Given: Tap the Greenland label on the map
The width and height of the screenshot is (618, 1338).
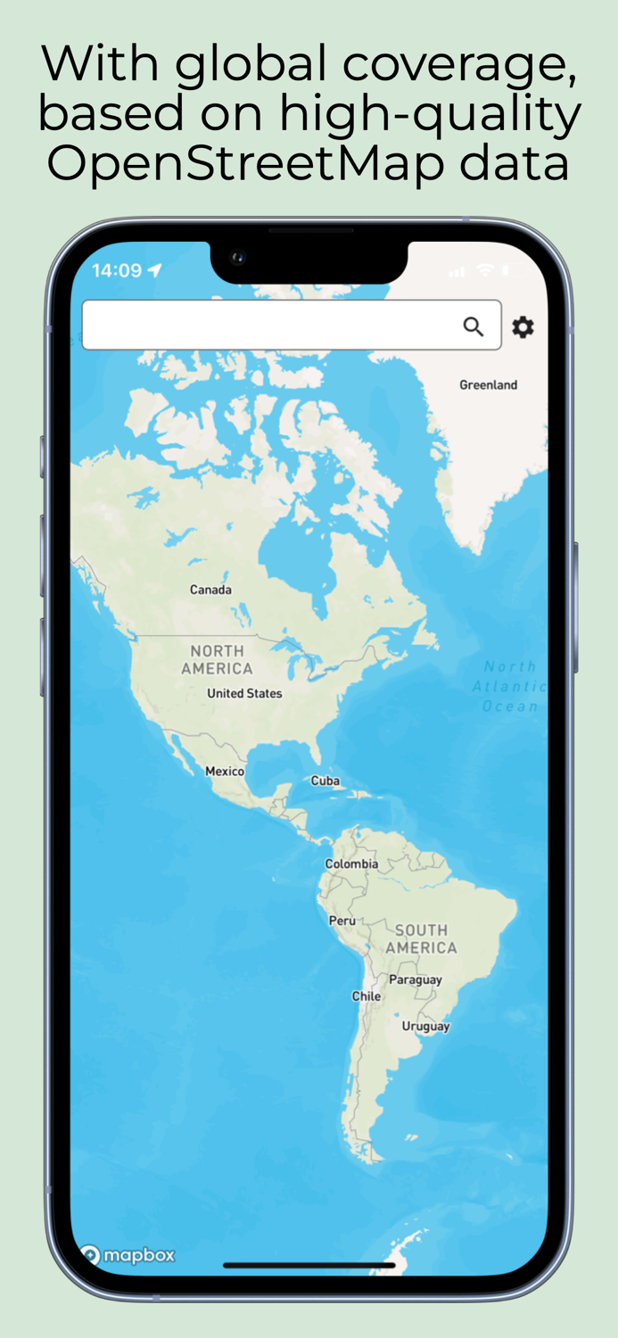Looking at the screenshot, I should point(488,385).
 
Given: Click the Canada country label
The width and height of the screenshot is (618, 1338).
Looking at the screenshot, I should point(210,590).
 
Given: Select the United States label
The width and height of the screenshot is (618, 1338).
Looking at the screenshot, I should point(244,693).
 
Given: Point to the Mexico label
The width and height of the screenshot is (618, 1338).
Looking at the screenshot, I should point(225,771).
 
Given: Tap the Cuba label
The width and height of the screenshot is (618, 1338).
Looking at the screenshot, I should point(325,780).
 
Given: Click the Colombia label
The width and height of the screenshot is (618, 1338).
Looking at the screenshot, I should point(351,863).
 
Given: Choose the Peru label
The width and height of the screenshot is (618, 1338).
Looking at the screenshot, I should point(342,920).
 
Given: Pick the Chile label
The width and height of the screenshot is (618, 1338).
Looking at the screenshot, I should point(367,995).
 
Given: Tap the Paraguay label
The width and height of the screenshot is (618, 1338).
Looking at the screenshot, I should point(416,979).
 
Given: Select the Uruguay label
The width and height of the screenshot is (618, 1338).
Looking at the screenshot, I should point(425,1026).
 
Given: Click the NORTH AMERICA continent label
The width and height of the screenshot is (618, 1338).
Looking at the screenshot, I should point(218,659).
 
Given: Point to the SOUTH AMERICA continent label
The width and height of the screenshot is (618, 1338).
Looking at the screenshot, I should point(421,938).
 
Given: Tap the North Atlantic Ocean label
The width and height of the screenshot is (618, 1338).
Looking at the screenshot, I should point(510,686).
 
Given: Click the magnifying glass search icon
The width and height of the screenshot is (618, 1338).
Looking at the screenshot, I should point(474,326).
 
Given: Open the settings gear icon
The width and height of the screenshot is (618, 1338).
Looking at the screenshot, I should point(523,327).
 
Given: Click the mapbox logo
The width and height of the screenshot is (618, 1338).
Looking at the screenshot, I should point(128,1255).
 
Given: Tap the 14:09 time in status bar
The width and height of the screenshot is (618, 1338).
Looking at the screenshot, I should point(117,270).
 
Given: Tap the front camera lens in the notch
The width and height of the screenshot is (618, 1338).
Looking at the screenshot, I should point(237,258).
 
